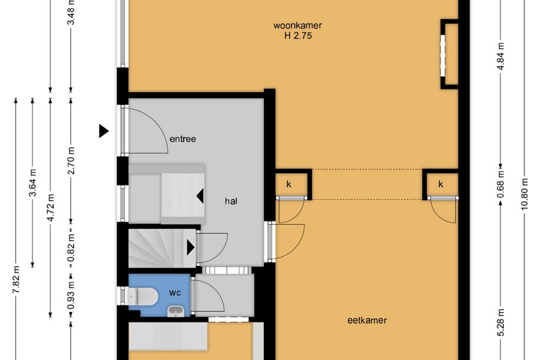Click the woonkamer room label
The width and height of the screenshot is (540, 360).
pyautogui.click(x=298, y=25)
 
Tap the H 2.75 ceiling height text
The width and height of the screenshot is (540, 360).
pyautogui.click(x=298, y=35)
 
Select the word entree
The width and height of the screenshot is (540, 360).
pyautogui.click(x=182, y=139)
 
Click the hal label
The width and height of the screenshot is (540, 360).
pyautogui.click(x=231, y=201)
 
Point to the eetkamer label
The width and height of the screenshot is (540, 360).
pyautogui.click(x=367, y=320)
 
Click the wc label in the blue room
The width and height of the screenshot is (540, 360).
pyautogui.click(x=175, y=293)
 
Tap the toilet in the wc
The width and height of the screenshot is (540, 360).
pyautogui.click(x=142, y=296)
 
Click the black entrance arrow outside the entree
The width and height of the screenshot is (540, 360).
pyautogui.click(x=104, y=131)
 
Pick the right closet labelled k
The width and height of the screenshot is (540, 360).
pyautogui.click(x=441, y=185)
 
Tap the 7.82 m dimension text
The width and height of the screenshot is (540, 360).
pyautogui.click(x=16, y=280)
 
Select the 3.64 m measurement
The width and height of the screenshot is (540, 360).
pyautogui.click(x=33, y=182)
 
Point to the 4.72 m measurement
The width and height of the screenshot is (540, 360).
pyautogui.click(x=50, y=208)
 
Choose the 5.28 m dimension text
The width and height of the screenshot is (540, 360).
pyautogui.click(x=500, y=322)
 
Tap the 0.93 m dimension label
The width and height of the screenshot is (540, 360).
pyautogui.click(x=71, y=296)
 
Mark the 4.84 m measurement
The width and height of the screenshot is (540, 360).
pyautogui.click(x=500, y=56)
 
